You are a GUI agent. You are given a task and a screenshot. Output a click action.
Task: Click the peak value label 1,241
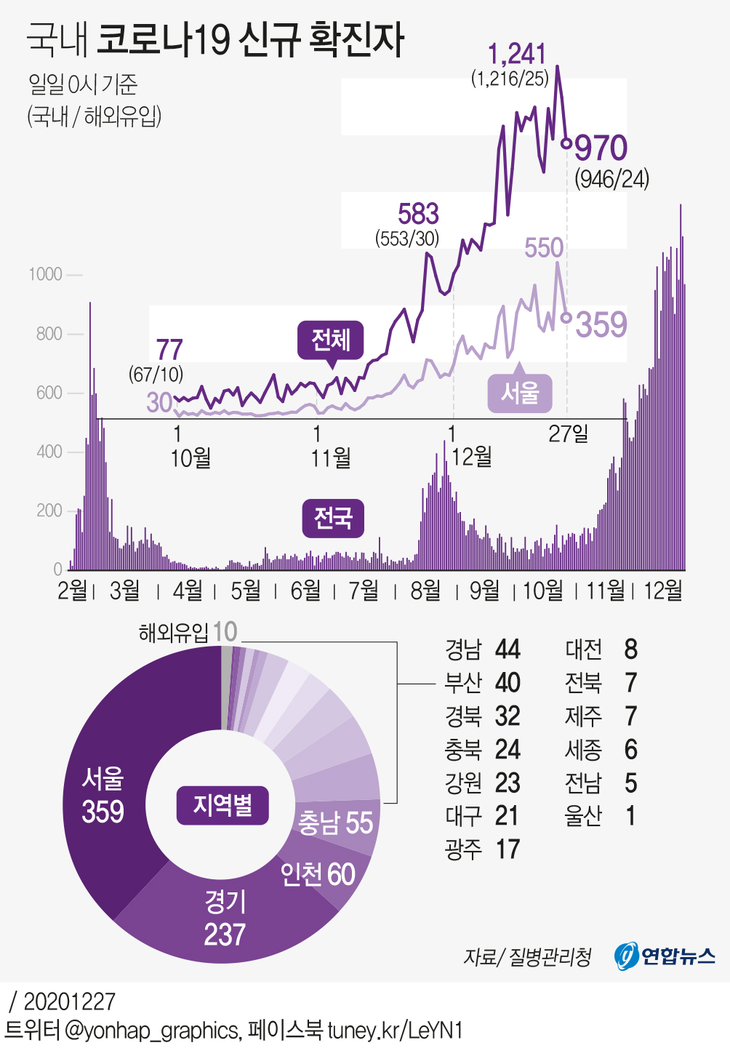(517, 55)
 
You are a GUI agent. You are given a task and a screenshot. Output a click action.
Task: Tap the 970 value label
(601, 148)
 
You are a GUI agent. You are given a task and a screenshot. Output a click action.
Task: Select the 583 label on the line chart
(418, 214)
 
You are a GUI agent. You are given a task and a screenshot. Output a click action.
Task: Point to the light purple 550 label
(544, 248)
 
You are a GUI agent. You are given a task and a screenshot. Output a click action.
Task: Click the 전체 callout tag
(331, 340)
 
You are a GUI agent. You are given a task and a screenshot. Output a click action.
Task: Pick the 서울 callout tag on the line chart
(520, 393)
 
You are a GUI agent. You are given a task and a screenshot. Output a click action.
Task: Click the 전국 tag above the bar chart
(333, 518)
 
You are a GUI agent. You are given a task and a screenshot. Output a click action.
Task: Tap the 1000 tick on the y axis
(45, 274)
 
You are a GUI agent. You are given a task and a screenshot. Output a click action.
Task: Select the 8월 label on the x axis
(425, 590)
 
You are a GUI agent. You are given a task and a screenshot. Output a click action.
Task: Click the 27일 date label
(568, 434)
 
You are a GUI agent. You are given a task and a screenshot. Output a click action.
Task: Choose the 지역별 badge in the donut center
(222, 805)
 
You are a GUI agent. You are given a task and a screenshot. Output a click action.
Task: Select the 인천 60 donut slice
(318, 873)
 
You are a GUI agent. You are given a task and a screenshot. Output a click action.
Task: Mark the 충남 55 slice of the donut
(336, 823)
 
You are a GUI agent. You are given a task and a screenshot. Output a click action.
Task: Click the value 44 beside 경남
(508, 649)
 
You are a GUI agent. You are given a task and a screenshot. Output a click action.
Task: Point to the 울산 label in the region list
(583, 816)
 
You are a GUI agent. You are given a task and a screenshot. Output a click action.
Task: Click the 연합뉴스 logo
(665, 956)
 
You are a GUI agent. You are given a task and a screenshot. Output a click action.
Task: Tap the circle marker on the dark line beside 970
(566, 143)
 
